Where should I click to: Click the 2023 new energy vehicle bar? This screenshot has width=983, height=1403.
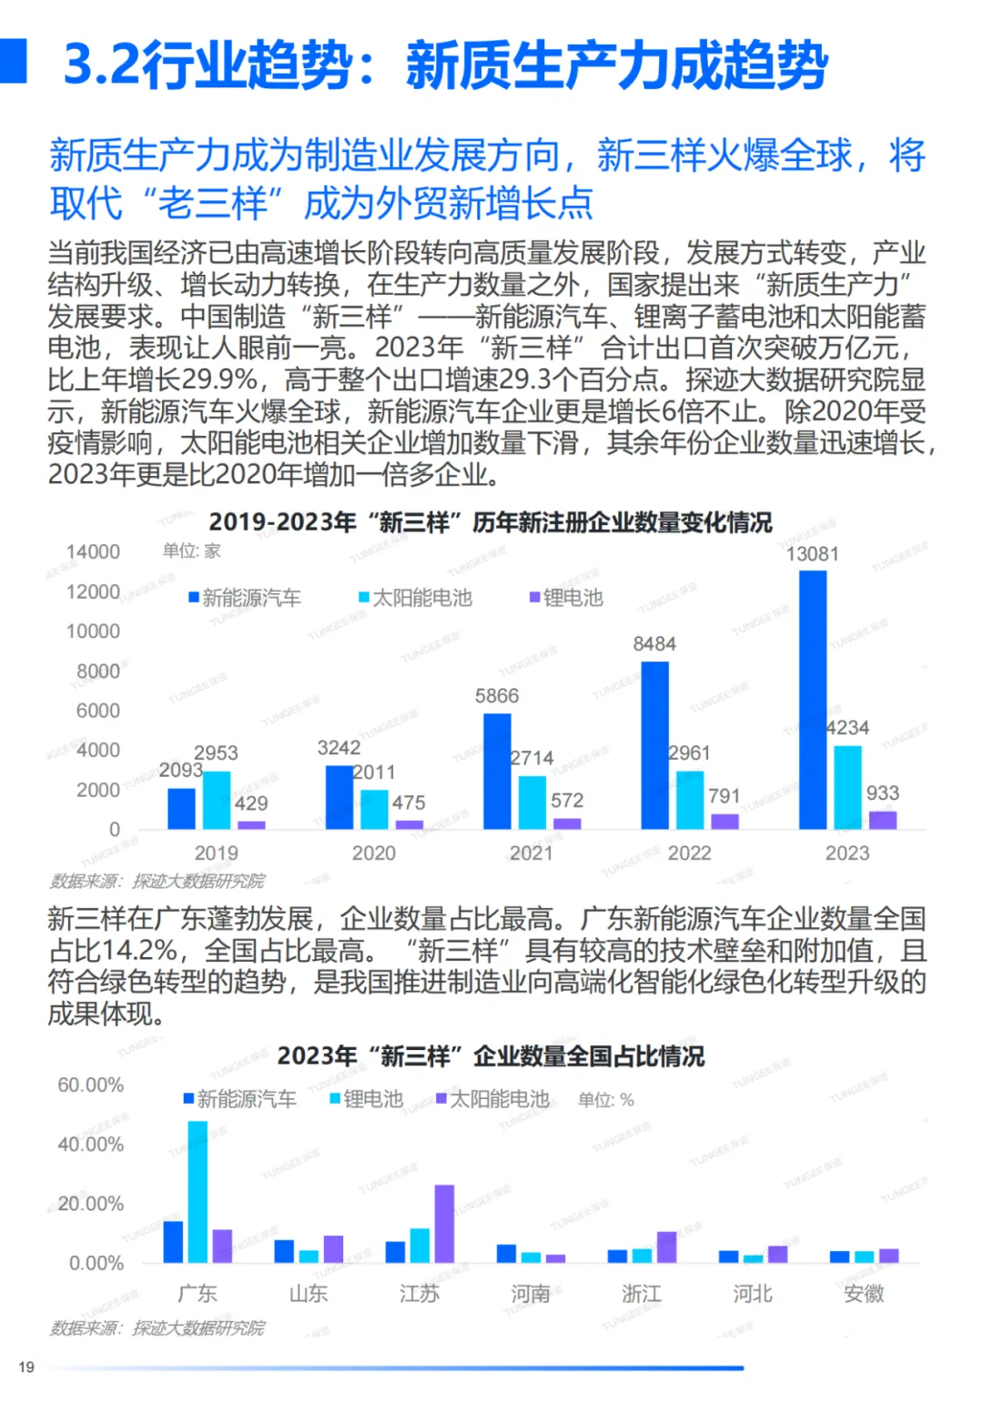(x=812, y=700)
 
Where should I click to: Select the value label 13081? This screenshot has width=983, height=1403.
(x=812, y=554)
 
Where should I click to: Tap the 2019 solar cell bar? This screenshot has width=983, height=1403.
(x=217, y=800)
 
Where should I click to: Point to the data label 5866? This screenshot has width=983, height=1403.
(x=497, y=696)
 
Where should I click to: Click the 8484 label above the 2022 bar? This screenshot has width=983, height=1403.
(x=654, y=644)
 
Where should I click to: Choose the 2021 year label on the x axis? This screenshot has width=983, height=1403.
(x=532, y=853)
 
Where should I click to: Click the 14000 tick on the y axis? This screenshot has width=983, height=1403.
(x=93, y=552)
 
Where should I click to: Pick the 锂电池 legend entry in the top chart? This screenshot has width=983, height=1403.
(x=566, y=598)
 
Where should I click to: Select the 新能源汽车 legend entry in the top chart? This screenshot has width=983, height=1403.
(x=245, y=598)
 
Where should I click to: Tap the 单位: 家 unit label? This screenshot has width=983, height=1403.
(x=191, y=550)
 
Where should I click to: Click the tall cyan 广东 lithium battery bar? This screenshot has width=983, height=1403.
(x=198, y=1191)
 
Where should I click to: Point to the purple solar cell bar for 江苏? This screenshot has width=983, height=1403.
(x=444, y=1223)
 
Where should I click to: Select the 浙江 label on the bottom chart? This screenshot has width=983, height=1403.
(x=642, y=1293)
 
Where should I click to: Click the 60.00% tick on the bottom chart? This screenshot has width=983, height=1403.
(x=91, y=1085)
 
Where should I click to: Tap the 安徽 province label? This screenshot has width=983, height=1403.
(x=864, y=1293)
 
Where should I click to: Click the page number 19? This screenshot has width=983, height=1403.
(x=26, y=1367)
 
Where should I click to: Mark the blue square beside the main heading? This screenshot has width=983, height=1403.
(x=13, y=61)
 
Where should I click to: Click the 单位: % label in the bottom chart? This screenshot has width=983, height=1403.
(x=606, y=1100)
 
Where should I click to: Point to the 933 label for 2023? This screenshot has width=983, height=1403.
(x=882, y=793)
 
